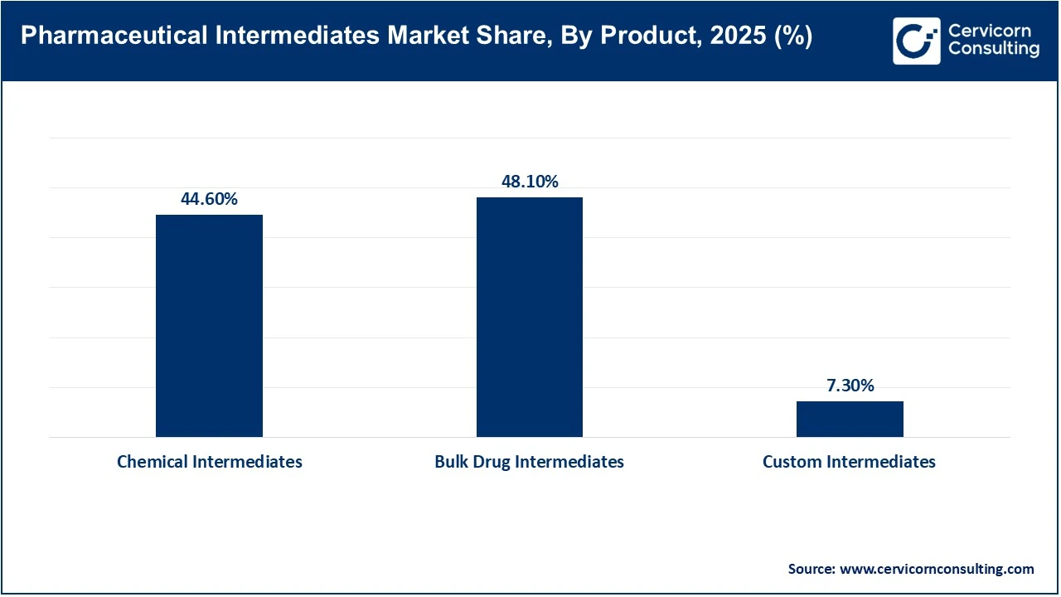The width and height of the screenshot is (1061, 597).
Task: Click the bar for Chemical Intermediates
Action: (x=209, y=326)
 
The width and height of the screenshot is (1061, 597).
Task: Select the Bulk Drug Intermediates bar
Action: (x=529, y=317)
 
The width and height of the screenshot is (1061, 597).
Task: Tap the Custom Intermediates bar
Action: (x=850, y=419)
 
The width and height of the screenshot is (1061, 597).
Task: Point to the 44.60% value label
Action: (x=209, y=200)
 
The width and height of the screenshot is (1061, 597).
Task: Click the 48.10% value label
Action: (x=529, y=182)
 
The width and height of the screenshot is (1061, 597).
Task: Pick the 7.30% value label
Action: (x=850, y=386)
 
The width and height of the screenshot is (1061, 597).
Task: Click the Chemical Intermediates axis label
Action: (x=209, y=462)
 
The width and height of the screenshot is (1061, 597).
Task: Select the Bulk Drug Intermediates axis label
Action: (x=529, y=462)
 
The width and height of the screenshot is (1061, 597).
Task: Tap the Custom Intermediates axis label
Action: (x=849, y=462)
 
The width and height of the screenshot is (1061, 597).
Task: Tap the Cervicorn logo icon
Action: (x=916, y=41)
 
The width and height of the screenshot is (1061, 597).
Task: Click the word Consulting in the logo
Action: (x=993, y=50)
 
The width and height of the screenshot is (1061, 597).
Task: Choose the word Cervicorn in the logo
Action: (x=989, y=32)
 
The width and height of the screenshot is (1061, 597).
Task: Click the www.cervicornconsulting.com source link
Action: (x=937, y=569)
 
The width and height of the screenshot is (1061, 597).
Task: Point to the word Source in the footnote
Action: (x=811, y=569)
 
